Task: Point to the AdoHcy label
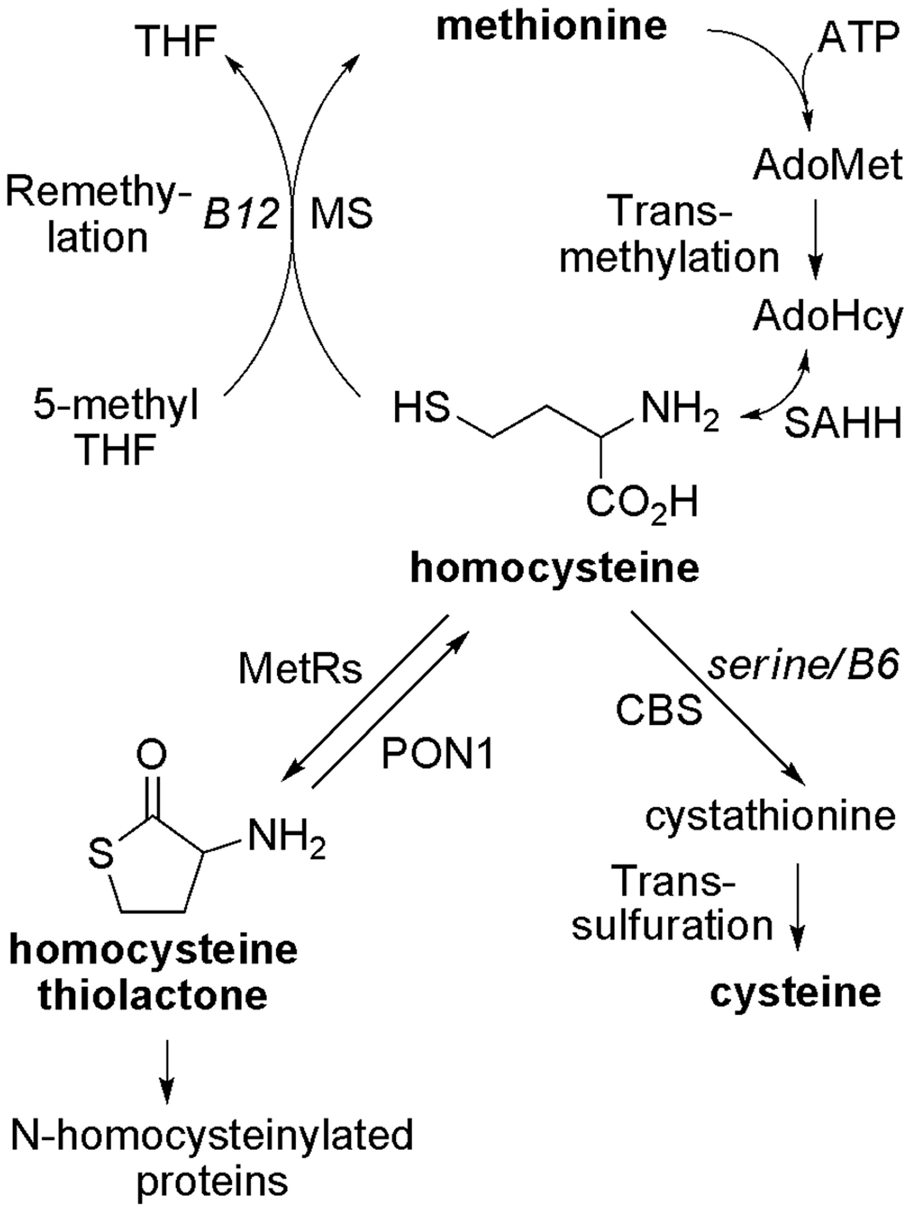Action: [827, 317]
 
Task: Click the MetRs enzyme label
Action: [300, 669]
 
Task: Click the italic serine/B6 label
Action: [804, 666]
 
